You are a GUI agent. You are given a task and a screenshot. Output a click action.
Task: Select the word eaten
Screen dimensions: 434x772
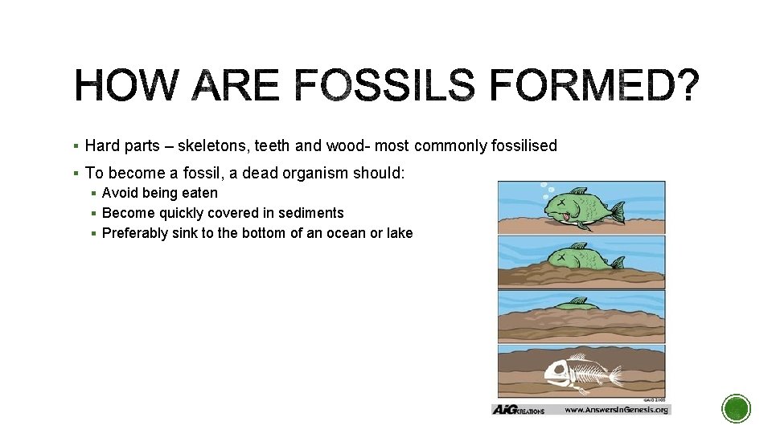coord(199,193)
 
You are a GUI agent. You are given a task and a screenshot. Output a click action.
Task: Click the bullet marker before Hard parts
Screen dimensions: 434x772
coord(75,146)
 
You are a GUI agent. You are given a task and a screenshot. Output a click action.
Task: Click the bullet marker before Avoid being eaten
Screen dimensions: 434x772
coord(94,194)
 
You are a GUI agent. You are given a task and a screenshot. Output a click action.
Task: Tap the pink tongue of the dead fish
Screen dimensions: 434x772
coord(568,215)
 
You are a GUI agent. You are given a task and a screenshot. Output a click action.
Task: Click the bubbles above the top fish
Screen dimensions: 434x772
coord(546,192)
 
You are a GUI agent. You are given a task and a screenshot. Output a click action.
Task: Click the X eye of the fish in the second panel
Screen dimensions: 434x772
coord(557,257)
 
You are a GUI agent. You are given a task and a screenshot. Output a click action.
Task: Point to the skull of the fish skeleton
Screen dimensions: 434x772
coord(558,372)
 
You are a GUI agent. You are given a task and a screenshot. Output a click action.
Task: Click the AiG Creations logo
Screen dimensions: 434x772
coord(518,410)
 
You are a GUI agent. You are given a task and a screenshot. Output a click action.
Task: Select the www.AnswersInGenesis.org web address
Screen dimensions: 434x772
coord(616,410)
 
